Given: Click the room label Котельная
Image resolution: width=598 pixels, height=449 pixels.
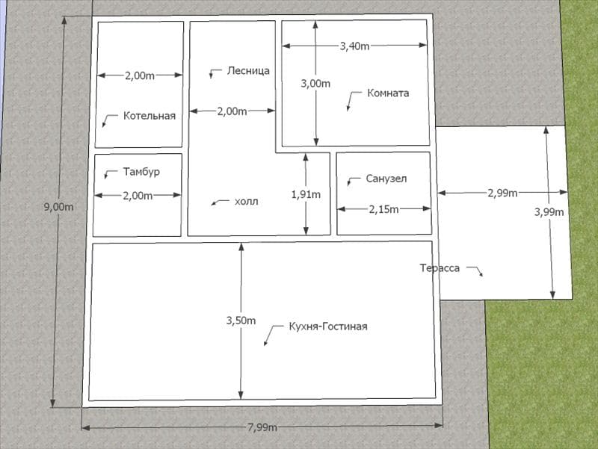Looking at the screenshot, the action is [x=149, y=116].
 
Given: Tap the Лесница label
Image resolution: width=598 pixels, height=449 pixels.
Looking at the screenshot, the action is [x=248, y=70].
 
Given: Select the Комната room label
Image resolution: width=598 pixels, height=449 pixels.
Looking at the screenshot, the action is [x=388, y=93].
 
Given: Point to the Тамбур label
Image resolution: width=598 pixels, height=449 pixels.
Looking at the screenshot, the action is [x=141, y=172].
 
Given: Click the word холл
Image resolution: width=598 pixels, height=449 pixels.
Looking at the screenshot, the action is [x=247, y=202].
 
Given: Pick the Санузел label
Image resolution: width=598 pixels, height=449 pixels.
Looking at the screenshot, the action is [x=386, y=179].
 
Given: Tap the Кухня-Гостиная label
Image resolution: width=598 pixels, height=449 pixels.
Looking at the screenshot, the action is [x=328, y=326].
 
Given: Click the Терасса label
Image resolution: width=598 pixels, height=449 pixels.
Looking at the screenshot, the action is [x=440, y=268].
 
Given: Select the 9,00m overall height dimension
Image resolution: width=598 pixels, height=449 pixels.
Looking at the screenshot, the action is [x=58, y=208].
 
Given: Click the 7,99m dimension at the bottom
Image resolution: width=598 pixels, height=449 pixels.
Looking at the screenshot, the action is [x=262, y=427].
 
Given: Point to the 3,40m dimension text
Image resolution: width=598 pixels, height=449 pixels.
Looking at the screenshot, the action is [x=354, y=46].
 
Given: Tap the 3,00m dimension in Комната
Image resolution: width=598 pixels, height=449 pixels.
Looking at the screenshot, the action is [x=315, y=84].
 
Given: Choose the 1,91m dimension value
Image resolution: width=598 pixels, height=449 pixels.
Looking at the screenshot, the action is [x=306, y=195].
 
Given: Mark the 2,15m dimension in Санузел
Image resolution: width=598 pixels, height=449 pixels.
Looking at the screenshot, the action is [x=383, y=209].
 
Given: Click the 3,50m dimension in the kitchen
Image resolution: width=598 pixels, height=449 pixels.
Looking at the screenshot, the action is [x=241, y=321].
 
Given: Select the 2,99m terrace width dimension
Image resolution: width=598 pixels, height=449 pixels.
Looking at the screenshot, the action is [x=502, y=193].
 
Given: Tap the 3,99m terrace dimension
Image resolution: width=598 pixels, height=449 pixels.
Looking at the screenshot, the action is [x=549, y=212].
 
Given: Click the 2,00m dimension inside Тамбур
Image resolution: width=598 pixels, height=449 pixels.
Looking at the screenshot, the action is [x=138, y=196].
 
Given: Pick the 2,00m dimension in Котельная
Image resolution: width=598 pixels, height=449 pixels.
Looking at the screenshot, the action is [x=140, y=76].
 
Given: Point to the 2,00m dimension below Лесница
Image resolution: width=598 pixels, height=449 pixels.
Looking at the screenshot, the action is [x=232, y=111].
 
